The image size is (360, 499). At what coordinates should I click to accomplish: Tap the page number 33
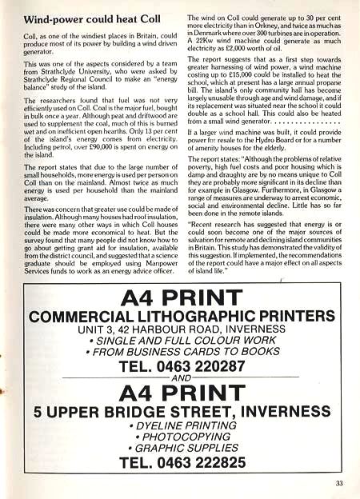pos(340,482)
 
